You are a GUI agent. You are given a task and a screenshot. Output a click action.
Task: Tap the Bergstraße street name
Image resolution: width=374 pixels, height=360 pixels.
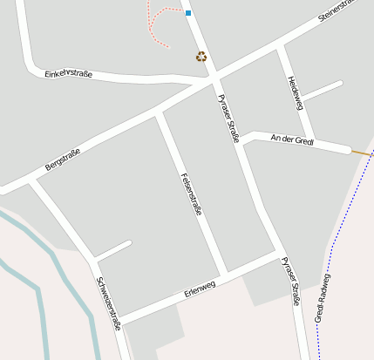(x=63, y=160)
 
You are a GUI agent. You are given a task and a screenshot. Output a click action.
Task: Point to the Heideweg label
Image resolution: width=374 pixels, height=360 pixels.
(x=294, y=92)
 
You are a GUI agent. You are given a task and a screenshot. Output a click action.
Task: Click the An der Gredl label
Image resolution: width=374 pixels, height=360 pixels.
(x=292, y=139)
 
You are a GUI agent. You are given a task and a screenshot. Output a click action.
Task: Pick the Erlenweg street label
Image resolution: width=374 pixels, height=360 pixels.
(x=200, y=290)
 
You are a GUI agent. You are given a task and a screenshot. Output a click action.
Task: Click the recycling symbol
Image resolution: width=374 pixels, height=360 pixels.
(x=201, y=57)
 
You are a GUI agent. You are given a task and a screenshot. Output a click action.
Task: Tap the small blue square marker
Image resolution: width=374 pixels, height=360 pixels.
(x=187, y=13)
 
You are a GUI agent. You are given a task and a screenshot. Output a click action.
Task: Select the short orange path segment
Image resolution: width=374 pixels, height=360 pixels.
(x=360, y=153)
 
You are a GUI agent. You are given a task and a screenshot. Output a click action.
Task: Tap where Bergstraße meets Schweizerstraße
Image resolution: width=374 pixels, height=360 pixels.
(x=34, y=180)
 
